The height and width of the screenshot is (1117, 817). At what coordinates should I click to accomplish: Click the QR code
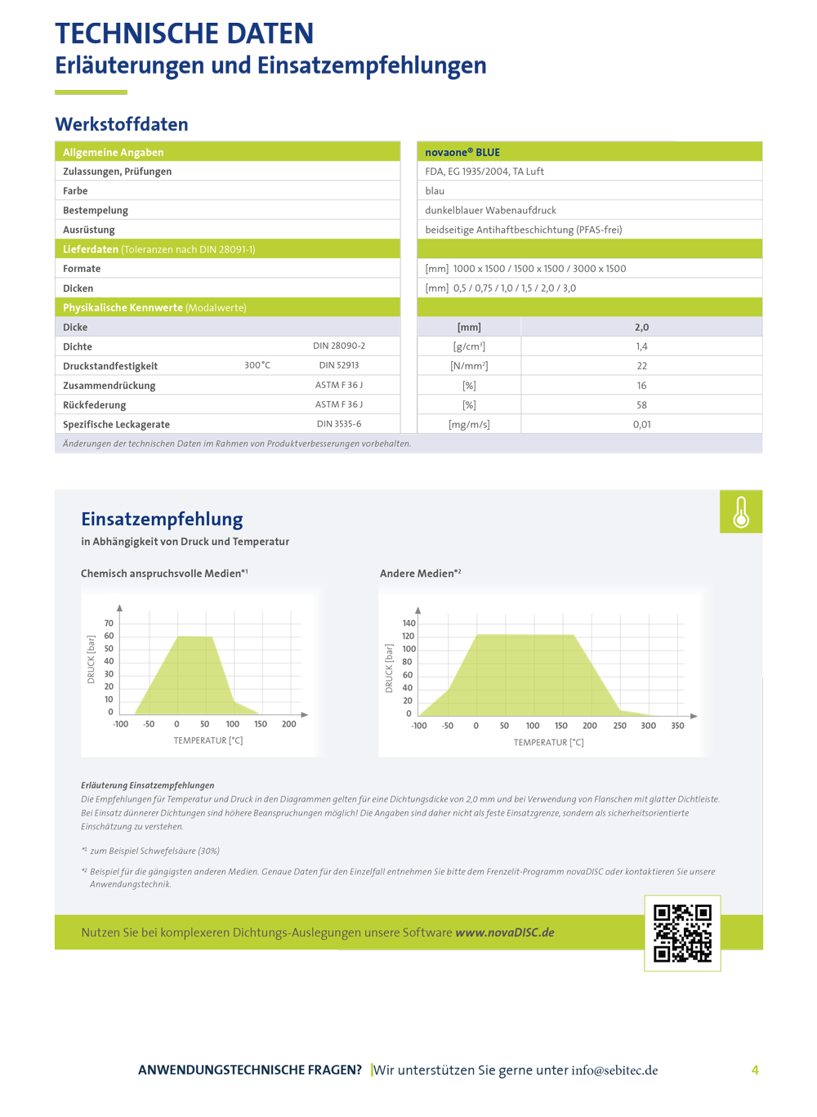coord(682,932)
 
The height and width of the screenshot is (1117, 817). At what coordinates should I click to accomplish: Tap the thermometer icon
coord(741,512)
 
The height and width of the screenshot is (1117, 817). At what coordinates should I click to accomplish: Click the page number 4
coord(755,1070)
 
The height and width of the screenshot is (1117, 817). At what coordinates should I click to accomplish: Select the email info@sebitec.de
coord(614,1070)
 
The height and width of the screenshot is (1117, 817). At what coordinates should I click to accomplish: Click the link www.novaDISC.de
coord(504,932)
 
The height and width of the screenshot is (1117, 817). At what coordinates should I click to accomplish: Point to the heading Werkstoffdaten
coord(122,124)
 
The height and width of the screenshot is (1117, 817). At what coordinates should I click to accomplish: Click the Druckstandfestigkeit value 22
coord(641,366)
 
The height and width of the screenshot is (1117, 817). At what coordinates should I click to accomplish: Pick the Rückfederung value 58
coord(641,405)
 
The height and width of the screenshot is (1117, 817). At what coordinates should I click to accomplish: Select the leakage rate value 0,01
coord(641,425)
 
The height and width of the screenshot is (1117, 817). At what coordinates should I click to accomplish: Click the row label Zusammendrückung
coord(109,386)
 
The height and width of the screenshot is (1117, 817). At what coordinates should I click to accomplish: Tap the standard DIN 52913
coord(338,365)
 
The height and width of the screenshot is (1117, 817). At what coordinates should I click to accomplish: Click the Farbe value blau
coord(435,191)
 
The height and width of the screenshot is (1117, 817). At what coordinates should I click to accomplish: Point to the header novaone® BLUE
coord(462,152)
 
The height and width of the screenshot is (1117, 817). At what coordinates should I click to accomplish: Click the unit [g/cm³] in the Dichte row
coord(469,346)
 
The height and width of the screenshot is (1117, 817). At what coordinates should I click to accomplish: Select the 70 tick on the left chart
coord(109,623)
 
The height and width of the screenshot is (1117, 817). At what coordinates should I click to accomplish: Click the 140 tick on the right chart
coord(408,623)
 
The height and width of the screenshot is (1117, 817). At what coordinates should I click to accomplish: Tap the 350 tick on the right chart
coord(677,726)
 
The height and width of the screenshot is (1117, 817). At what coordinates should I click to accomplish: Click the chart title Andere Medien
coord(420,574)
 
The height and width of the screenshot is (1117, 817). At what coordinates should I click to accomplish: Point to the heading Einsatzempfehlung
coord(162,519)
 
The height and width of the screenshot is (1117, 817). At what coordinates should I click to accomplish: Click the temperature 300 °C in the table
coord(257,365)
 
